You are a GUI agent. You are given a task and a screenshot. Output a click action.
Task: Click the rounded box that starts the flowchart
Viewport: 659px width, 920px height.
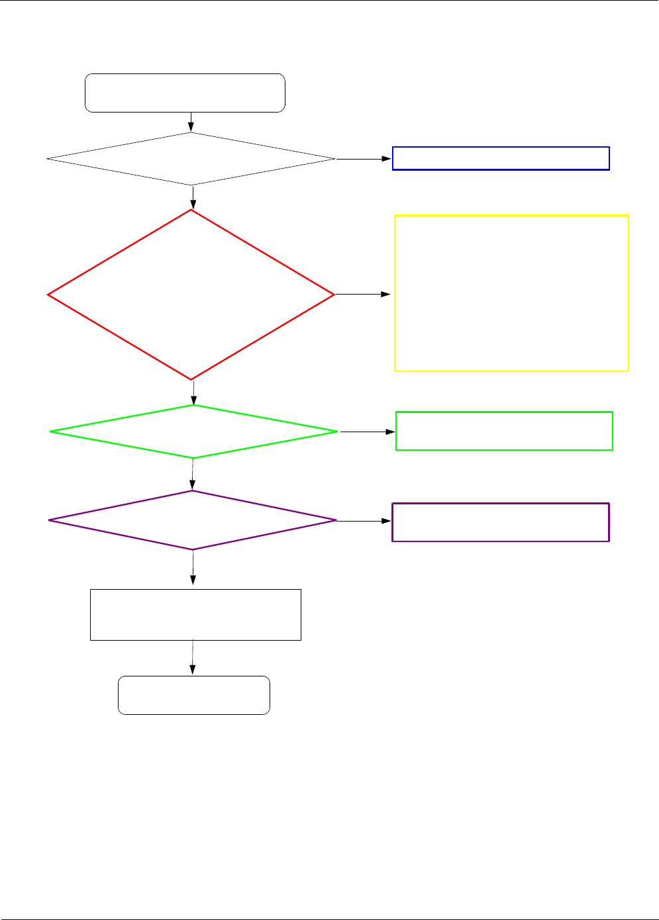point(185,93)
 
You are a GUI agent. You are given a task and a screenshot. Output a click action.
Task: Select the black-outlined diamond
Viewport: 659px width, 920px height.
point(191,159)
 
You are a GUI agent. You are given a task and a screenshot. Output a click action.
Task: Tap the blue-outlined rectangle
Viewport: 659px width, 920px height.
point(501,158)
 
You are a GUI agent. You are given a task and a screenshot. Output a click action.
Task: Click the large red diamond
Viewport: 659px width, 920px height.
point(191,295)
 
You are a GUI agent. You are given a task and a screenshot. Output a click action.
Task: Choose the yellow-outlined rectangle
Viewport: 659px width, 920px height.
point(511,293)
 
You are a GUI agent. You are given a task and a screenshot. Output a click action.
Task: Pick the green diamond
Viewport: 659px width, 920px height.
point(193,432)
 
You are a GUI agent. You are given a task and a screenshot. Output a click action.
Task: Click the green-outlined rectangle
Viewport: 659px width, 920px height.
point(504,431)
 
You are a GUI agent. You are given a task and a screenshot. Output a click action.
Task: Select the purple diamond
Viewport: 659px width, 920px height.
point(193,520)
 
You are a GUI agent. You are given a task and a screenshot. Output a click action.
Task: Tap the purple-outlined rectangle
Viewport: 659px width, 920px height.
point(500,522)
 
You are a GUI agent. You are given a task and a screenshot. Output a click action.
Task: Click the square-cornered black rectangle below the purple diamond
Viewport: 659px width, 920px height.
point(195,614)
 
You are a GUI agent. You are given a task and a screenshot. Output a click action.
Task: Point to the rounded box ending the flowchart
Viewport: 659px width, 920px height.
point(193,695)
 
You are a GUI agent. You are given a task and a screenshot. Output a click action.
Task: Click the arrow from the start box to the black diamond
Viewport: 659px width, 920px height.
point(191,122)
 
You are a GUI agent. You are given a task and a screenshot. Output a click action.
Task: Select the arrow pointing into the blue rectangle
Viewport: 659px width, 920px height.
point(364,159)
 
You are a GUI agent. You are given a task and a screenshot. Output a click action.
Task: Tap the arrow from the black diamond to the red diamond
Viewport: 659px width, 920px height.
point(193,197)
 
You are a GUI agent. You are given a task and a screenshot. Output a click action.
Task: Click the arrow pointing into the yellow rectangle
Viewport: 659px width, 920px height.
point(363,294)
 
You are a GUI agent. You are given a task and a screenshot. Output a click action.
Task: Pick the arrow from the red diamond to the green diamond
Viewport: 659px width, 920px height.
point(193,392)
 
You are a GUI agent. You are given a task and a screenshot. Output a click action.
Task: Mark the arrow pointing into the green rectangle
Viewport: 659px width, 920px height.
point(368,432)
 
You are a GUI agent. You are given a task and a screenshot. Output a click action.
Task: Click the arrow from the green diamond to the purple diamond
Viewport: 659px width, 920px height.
point(193,474)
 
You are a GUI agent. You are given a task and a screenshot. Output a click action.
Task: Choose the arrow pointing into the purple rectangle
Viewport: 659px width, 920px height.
point(364,521)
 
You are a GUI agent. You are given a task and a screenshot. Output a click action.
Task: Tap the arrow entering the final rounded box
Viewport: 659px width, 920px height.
point(193,657)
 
